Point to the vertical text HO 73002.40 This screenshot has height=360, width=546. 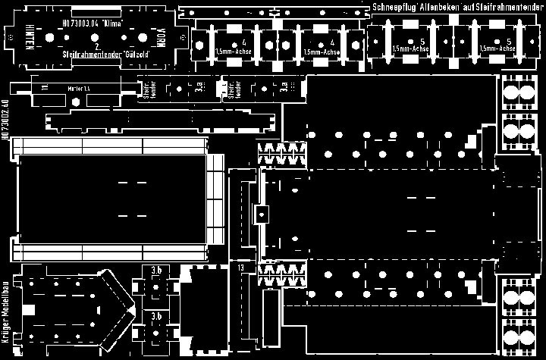(x=6, y=121)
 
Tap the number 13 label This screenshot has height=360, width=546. (x=240, y=268)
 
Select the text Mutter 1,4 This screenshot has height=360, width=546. (x=79, y=89)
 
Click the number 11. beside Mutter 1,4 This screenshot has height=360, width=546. (x=45, y=89)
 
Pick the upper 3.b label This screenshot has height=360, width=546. (x=156, y=269)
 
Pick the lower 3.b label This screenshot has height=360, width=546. (x=156, y=315)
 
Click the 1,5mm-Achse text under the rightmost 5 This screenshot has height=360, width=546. (x=500, y=48)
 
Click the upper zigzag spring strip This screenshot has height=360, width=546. (x=282, y=154)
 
